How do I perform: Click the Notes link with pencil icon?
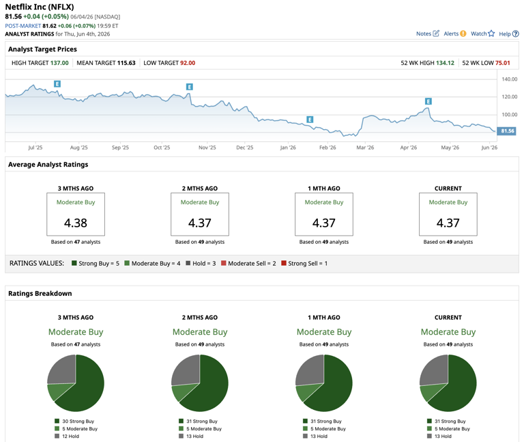point(427,33)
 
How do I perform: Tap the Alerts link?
point(455,33)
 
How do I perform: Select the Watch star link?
point(482,33)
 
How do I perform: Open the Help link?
point(508,33)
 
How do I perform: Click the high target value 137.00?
point(59,63)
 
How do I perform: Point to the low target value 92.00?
point(188,63)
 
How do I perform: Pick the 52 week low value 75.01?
point(503,63)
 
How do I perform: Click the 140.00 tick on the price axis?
point(509,79)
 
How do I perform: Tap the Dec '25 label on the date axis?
point(245,148)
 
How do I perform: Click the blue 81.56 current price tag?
point(507,131)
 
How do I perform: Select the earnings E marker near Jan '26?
point(310,120)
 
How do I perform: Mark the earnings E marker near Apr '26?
point(428,101)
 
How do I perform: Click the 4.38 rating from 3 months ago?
point(76,223)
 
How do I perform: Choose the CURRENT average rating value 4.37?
point(448,223)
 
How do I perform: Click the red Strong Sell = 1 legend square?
point(284,263)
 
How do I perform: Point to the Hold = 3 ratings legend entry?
point(201,263)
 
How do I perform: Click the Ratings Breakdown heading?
point(40,294)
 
